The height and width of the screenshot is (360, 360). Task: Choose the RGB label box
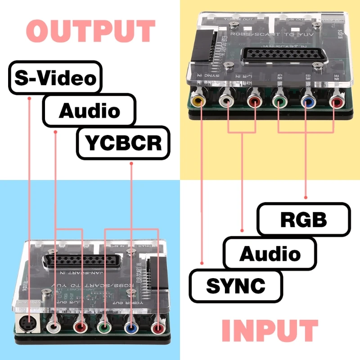(304, 219)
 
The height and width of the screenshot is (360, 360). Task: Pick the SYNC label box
(236, 285)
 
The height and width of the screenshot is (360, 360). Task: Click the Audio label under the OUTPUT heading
(89, 110)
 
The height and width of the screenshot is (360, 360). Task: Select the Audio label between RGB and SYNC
(270, 254)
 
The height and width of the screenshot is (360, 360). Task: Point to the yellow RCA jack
(198, 101)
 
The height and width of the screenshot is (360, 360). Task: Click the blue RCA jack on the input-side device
(308, 102)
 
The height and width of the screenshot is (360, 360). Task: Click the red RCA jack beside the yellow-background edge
(335, 102)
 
